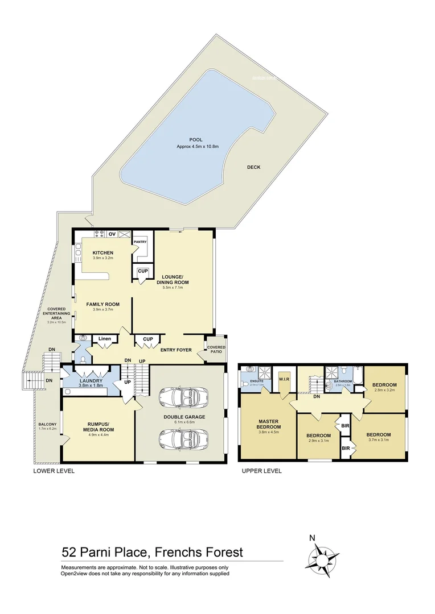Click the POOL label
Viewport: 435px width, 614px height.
[196, 140]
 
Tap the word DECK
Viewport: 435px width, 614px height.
[254, 167]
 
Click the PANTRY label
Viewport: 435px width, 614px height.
[140, 242]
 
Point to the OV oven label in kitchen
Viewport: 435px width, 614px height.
[112, 234]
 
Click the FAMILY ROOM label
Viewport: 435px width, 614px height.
[103, 304]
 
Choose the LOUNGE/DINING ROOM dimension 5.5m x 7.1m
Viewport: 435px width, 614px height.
[175, 288]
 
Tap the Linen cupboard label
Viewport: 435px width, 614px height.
[104, 339]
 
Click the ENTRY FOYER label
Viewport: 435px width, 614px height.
[176, 350]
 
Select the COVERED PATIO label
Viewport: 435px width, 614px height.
[216, 350]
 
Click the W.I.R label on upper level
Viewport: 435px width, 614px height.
[285, 379]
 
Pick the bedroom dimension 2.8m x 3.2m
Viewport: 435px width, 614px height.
[384, 391]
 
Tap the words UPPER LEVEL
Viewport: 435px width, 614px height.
[262, 471]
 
